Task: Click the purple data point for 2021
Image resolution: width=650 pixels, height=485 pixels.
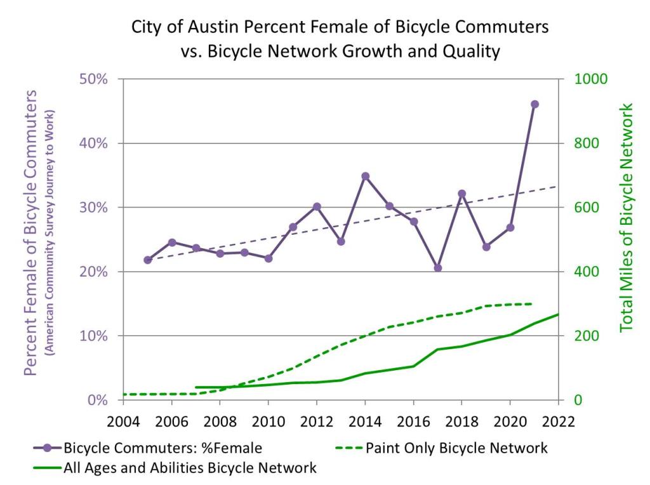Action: (534, 104)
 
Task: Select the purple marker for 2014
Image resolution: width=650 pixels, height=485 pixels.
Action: (365, 176)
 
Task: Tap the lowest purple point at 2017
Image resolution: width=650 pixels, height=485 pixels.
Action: (437, 268)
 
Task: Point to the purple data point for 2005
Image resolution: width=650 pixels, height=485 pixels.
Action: (148, 260)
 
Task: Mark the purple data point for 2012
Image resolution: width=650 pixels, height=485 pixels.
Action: (317, 206)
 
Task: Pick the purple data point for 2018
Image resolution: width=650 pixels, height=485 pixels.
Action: (461, 194)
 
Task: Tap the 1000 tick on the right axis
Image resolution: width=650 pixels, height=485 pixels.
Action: (591, 79)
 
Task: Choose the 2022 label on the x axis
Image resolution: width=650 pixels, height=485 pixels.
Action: (558, 421)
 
